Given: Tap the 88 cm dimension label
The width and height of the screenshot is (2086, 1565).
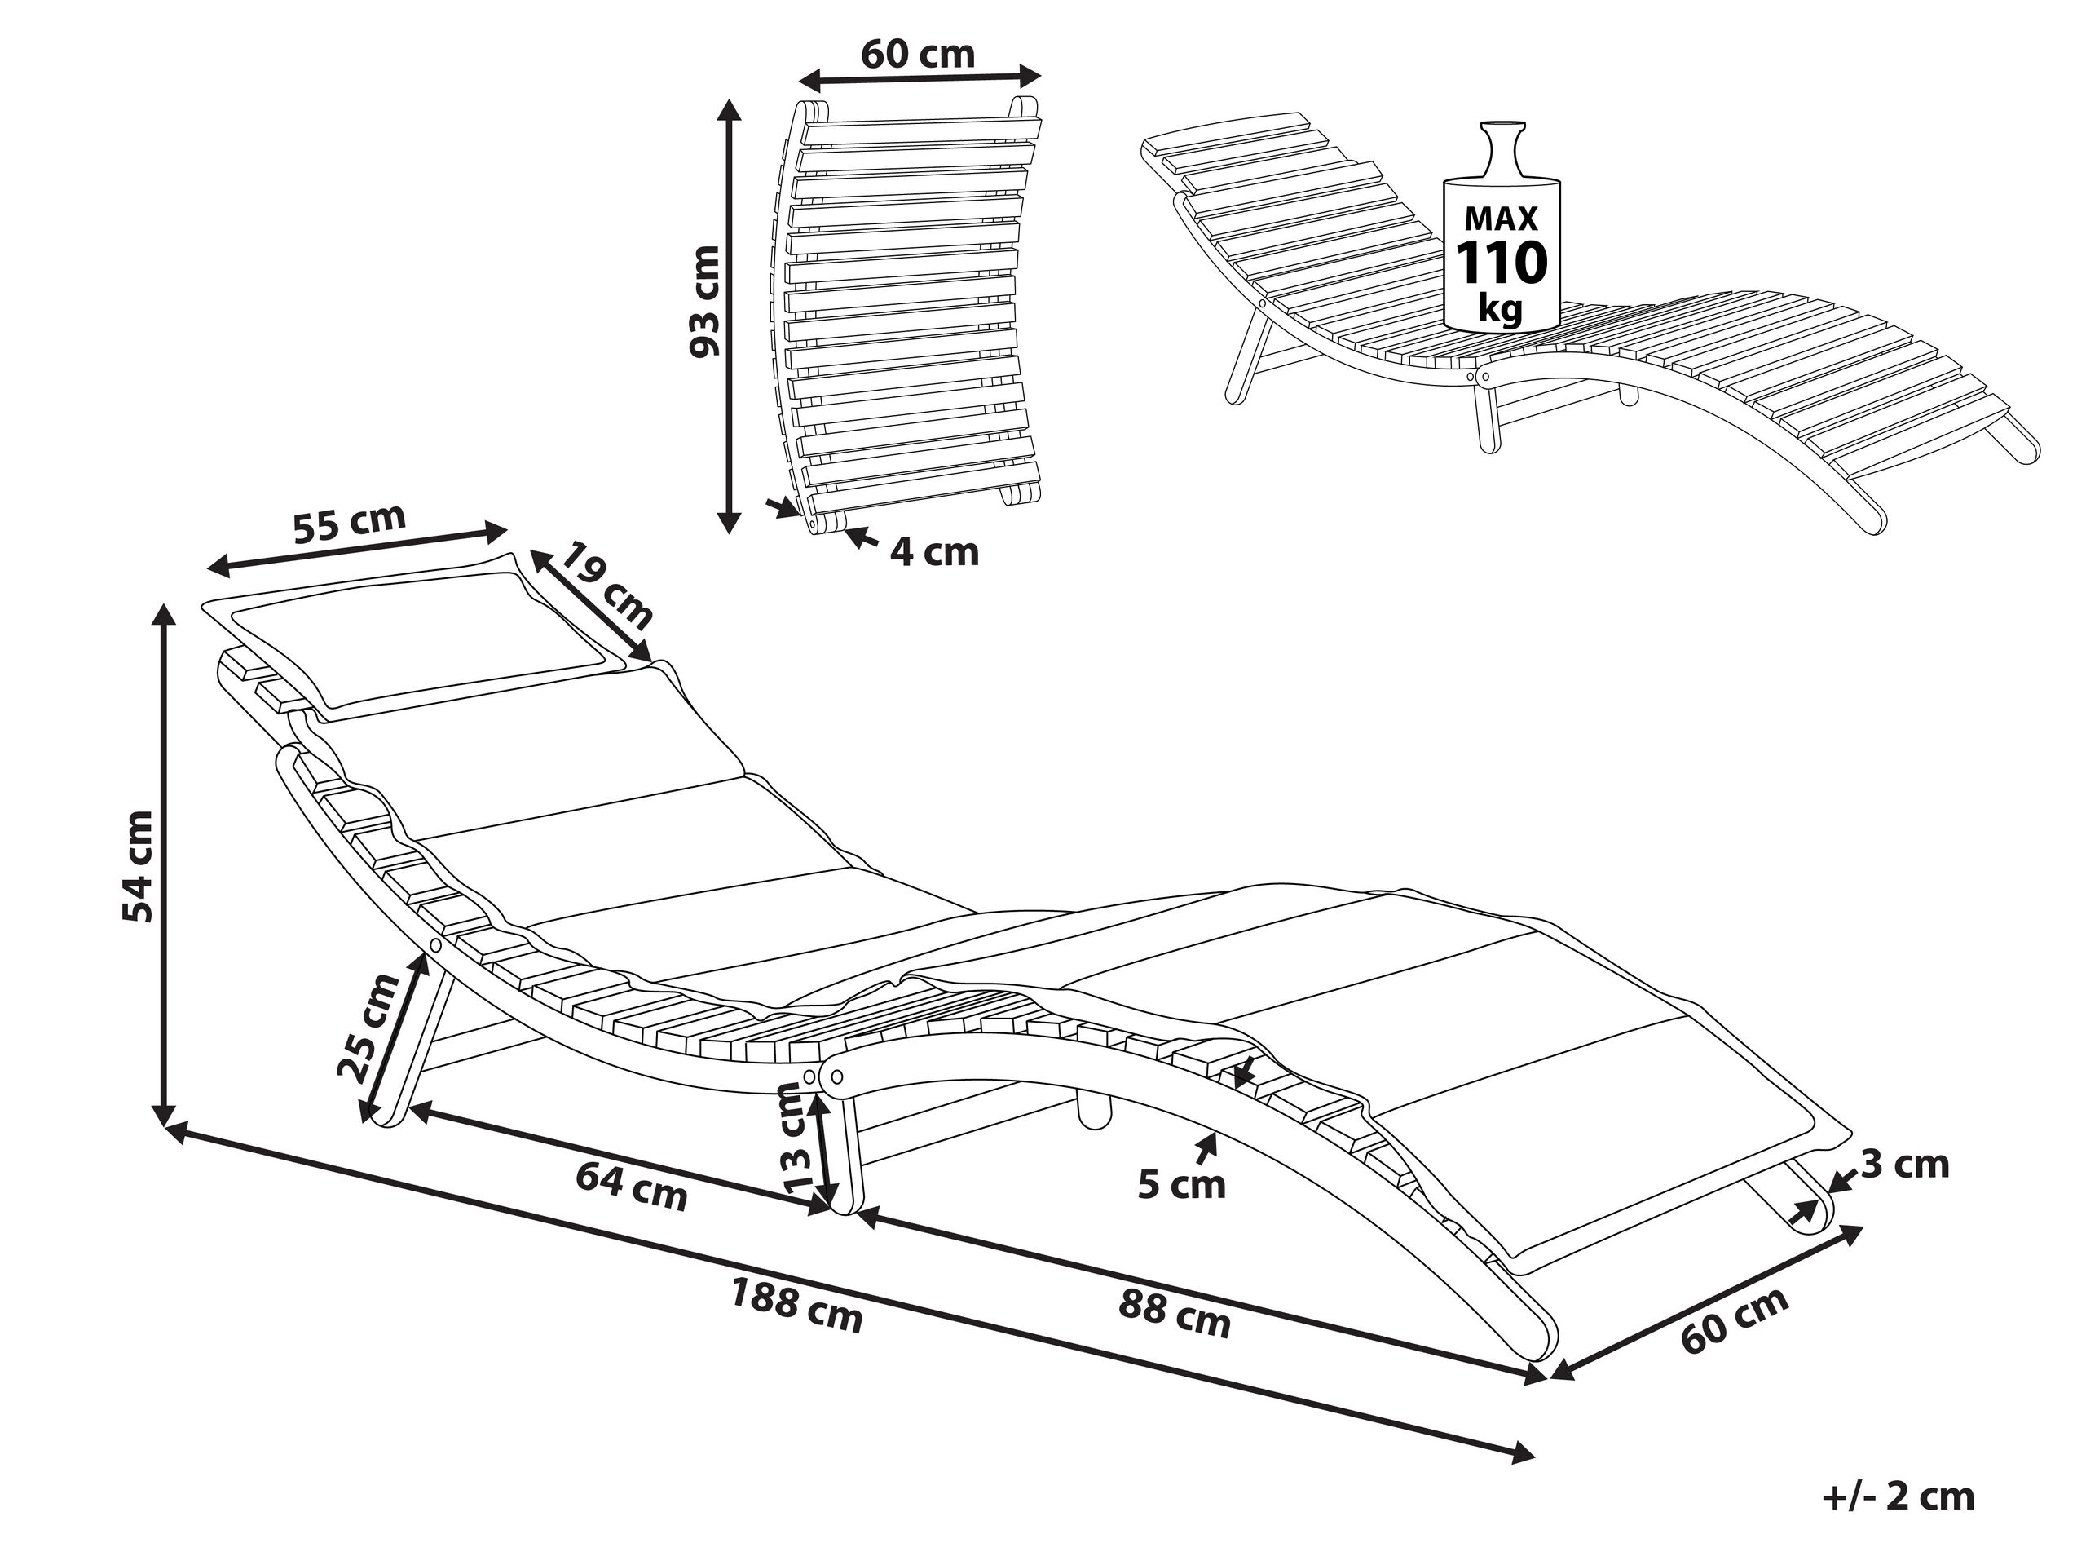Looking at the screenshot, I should point(1174,1314).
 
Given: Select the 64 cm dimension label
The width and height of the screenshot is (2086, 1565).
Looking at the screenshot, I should point(631,1186).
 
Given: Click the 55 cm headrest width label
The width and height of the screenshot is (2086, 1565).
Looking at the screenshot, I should point(349,524).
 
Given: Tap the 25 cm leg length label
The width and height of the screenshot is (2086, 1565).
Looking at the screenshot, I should point(368,1028).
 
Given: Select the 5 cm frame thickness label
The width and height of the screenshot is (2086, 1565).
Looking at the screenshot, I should point(1180,1185).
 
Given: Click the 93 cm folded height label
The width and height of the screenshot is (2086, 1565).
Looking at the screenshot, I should point(704,302).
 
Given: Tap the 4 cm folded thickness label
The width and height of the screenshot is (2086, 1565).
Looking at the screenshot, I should point(934,552).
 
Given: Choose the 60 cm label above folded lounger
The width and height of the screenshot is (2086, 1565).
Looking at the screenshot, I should point(918,54).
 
